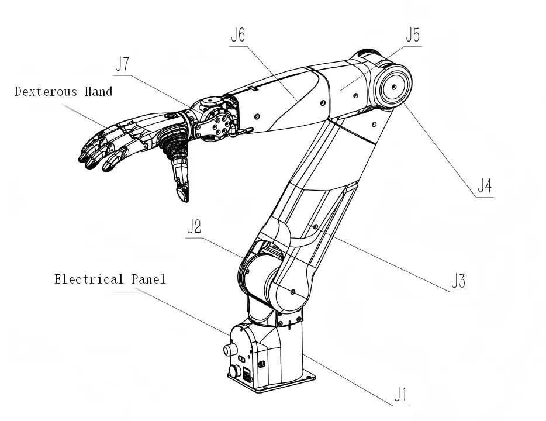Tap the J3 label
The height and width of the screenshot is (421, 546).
pyautogui.click(x=458, y=282)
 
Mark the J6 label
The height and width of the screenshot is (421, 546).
pyautogui.click(x=237, y=35)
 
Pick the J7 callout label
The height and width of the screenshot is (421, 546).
pyautogui.click(x=122, y=64)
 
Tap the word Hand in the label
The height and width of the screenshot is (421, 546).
pyautogui.click(x=98, y=91)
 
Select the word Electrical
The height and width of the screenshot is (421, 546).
pyautogui.click(x=89, y=279)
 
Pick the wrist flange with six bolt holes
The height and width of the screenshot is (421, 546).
pyautogui.click(x=219, y=125)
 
